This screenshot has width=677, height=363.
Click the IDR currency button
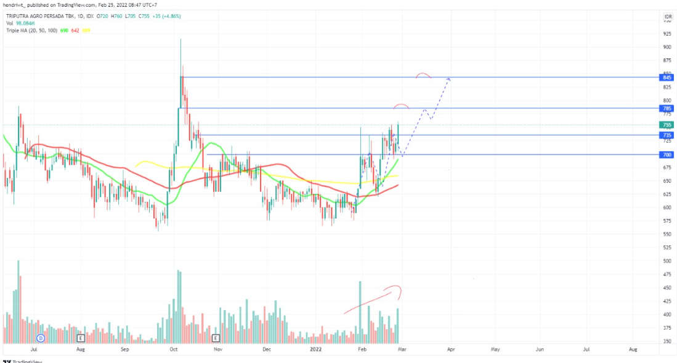click(667, 16)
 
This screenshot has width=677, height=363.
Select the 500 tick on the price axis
click(667, 261)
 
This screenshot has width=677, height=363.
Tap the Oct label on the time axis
click(174, 349)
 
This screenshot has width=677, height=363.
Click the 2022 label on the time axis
click(315, 349)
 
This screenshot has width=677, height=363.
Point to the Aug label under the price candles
click(80, 349)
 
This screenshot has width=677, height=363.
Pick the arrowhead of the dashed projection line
click(449, 79)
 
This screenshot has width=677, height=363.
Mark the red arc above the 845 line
click(423, 75)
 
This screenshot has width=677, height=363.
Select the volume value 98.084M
click(26, 23)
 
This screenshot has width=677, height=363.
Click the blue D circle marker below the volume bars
click(41, 338)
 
